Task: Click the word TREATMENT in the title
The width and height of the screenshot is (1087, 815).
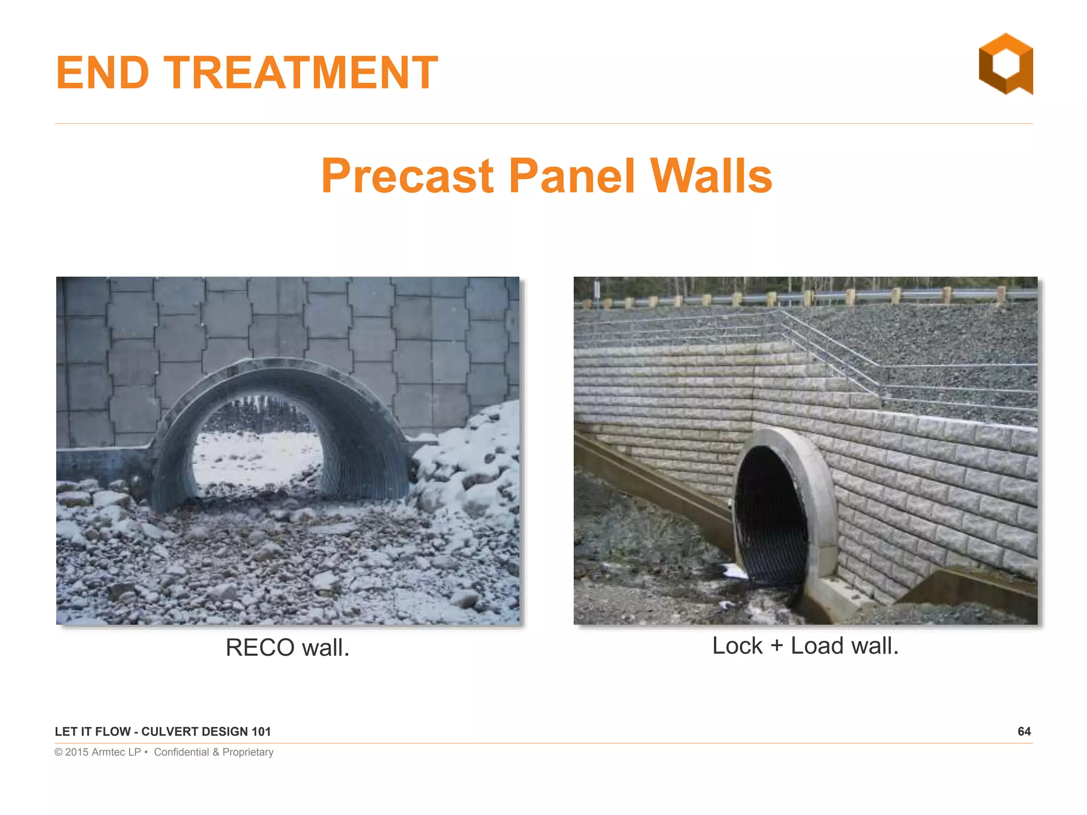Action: [300, 73]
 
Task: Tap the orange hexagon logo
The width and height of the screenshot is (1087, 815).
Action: [1006, 64]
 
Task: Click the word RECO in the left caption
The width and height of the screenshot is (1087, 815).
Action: [260, 647]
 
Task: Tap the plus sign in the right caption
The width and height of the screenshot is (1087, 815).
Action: [777, 646]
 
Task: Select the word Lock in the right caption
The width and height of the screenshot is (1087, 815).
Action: [737, 646]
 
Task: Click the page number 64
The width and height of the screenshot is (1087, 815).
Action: [1024, 732]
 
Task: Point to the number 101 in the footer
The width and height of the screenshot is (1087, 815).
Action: [261, 732]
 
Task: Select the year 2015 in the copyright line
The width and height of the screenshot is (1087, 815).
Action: [77, 752]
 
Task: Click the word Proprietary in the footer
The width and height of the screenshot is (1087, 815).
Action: [248, 752]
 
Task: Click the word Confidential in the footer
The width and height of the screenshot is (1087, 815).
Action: [182, 752]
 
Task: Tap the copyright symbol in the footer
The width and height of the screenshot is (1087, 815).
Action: [58, 752]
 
